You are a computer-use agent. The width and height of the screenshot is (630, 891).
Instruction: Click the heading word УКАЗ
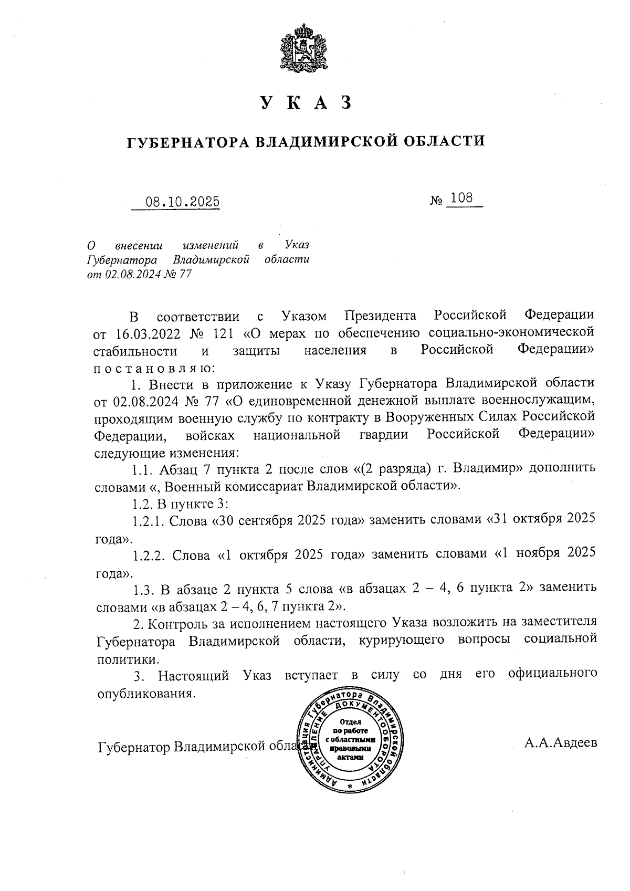tap(304, 103)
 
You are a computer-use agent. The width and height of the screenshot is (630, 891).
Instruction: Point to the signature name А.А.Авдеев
tap(560, 743)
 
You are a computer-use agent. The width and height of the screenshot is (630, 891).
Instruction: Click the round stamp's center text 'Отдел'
tap(350, 722)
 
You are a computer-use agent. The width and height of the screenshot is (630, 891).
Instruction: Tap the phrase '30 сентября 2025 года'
tap(288, 520)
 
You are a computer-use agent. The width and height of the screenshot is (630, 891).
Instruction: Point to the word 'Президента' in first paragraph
tap(381, 316)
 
